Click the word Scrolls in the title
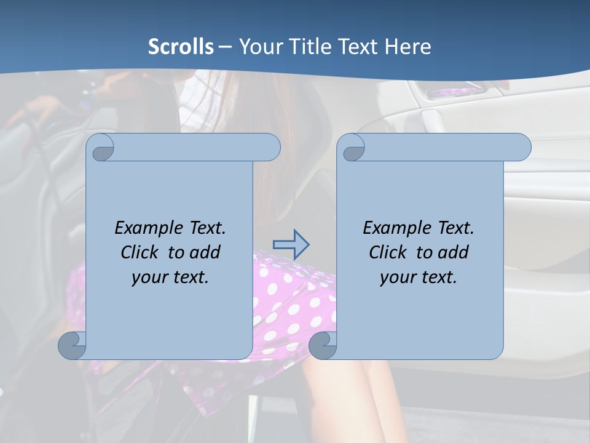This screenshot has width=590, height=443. pos(181,46)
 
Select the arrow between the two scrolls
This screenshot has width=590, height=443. pos(291,244)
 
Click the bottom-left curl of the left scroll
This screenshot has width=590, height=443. pos(73,345)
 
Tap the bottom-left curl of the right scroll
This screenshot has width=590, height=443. pos(323,345)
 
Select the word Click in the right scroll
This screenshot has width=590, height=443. pos(388,252)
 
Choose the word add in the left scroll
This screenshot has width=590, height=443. pos(204,252)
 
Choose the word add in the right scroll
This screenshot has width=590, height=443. pos(453,252)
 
